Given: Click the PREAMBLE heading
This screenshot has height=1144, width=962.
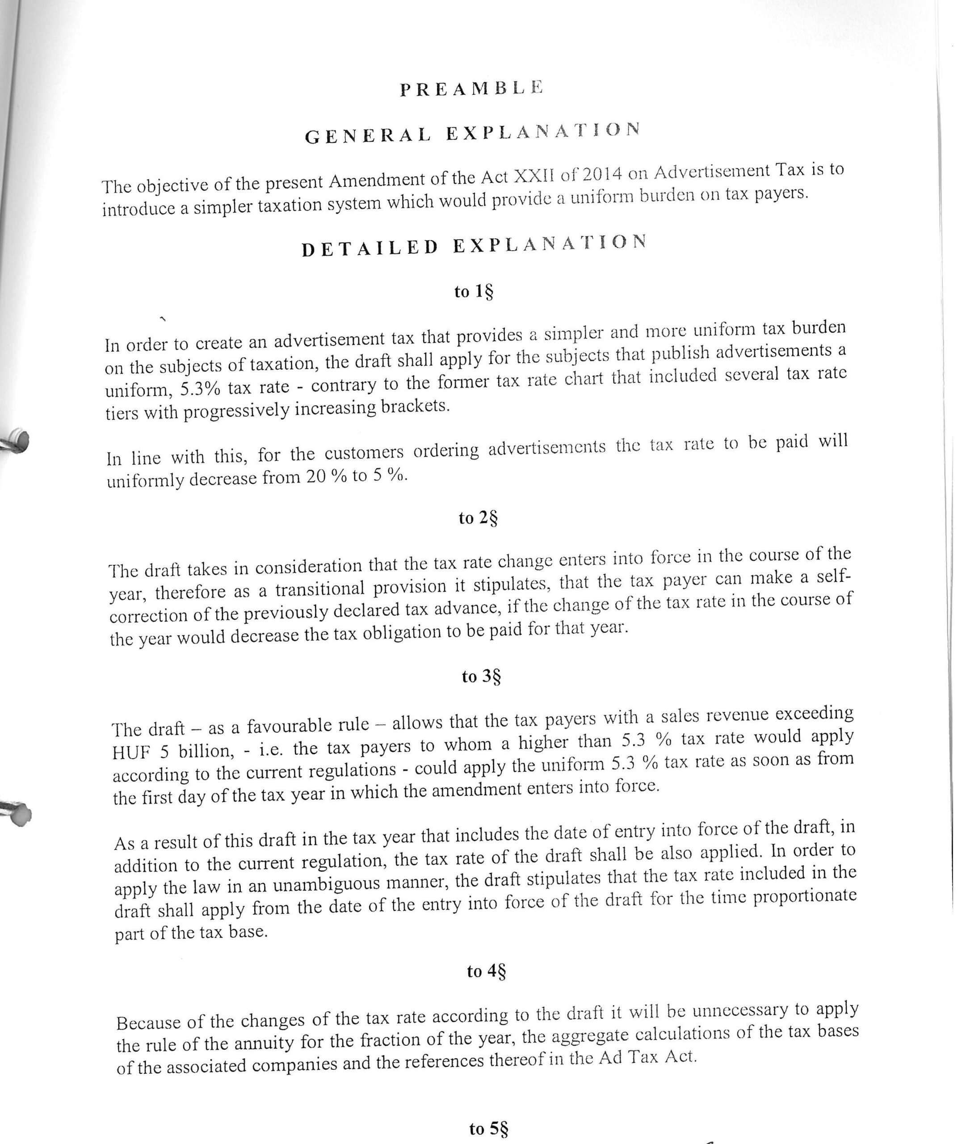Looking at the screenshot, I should pos(471,88).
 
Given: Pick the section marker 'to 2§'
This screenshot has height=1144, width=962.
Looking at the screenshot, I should pos(478,517).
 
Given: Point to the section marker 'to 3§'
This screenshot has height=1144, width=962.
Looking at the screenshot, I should pos(481,676).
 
